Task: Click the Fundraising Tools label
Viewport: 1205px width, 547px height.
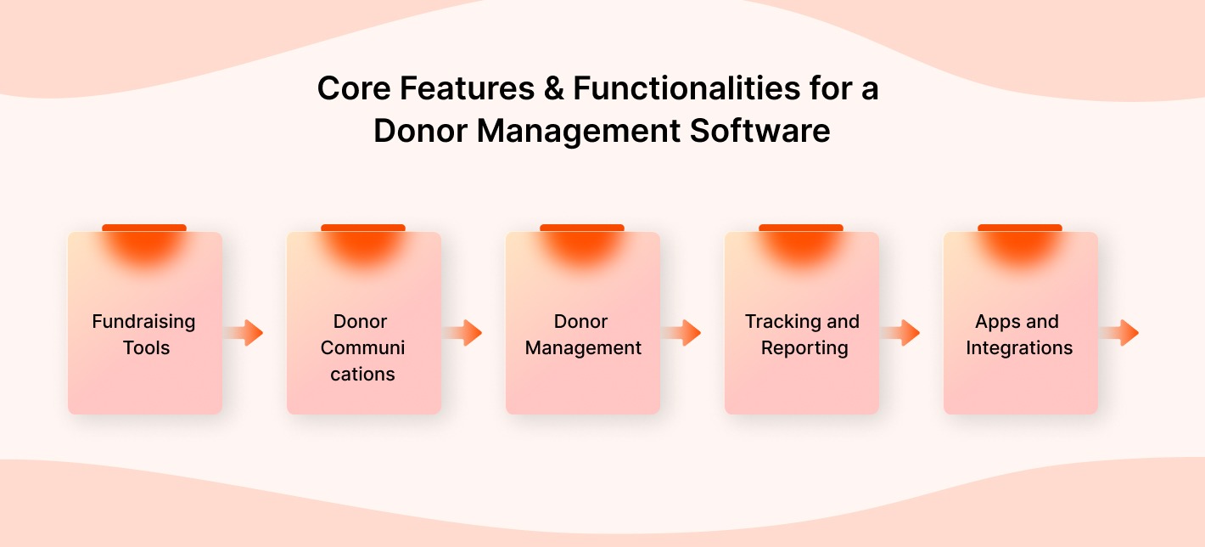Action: [144, 335]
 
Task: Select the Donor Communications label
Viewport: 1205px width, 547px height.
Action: [362, 347]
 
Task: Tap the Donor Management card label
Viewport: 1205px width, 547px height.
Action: [582, 335]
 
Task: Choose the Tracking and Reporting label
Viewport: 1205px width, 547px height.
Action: [803, 335]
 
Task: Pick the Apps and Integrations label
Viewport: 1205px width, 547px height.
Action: [1018, 335]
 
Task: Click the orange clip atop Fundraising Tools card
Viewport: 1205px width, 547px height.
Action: [144, 228]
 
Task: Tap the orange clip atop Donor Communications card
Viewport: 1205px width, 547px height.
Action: [363, 228]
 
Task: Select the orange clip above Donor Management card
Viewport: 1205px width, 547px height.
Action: [582, 228]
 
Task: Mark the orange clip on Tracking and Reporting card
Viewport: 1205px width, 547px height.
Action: [801, 228]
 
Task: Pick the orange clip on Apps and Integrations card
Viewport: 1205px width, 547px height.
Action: [1020, 228]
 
